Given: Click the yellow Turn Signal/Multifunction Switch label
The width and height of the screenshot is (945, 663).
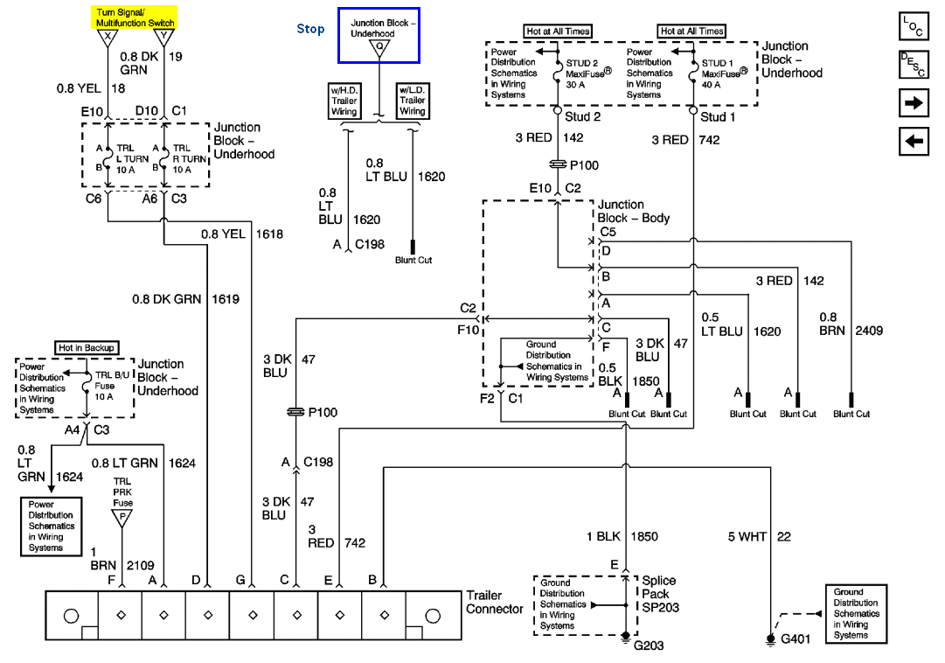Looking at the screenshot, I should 135,17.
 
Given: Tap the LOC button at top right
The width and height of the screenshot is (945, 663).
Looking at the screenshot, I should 913,26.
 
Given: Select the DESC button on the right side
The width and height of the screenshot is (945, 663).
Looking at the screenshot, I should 913,65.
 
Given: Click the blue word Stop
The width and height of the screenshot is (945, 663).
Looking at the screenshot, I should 310,29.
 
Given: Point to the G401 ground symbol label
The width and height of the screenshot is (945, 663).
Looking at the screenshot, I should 796,639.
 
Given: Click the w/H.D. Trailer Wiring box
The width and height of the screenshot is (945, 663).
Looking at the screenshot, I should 343,101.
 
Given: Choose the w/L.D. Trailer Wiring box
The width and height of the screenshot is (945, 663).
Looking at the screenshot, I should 412,101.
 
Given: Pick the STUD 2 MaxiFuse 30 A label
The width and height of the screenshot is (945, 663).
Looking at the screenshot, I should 587,73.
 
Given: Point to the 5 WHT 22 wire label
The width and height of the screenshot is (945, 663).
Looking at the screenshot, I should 759,536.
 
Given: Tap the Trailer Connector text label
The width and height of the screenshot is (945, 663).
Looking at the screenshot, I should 495,603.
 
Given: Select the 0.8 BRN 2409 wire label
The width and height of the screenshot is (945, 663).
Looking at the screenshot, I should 851,324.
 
